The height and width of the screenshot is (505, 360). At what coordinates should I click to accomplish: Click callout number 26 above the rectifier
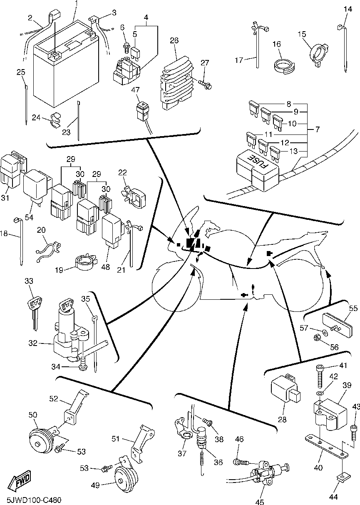tap(174, 40)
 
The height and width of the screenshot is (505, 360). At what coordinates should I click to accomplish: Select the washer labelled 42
tap(319, 393)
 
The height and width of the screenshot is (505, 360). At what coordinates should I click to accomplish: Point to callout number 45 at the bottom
tap(259, 502)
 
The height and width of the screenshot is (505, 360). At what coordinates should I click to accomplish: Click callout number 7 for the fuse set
tap(317, 129)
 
